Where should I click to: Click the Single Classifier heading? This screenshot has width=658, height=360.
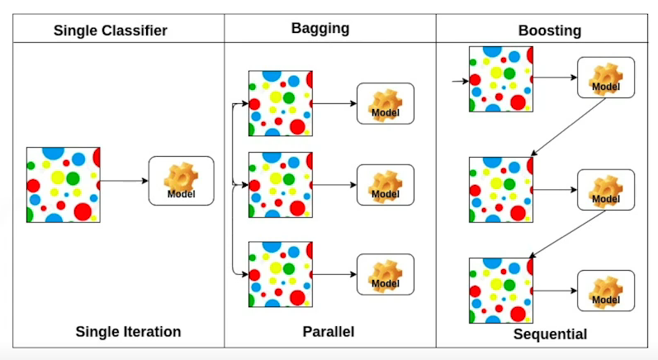tap(110, 31)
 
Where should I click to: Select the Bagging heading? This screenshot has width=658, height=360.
tap(320, 29)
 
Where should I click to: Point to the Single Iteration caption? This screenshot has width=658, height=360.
tap(128, 332)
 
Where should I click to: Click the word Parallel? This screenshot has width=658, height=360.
tap(328, 332)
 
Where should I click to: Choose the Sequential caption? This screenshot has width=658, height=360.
tap(550, 334)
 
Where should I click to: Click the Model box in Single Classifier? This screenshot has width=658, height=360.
tap(181, 181)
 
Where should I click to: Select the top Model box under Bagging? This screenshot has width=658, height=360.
tap(385, 104)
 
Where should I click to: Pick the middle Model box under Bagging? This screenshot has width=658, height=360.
tap(385, 185)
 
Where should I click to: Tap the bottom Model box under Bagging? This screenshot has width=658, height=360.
tap(385, 275)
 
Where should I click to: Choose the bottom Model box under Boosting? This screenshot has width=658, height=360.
tap(605, 291)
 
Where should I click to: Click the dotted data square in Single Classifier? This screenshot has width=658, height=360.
tap(64, 185)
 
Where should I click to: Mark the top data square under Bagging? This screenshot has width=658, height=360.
tap(281, 104)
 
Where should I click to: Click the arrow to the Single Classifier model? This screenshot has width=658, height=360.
tap(124, 181)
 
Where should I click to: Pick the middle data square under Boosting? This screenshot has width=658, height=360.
tap(499, 190)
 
